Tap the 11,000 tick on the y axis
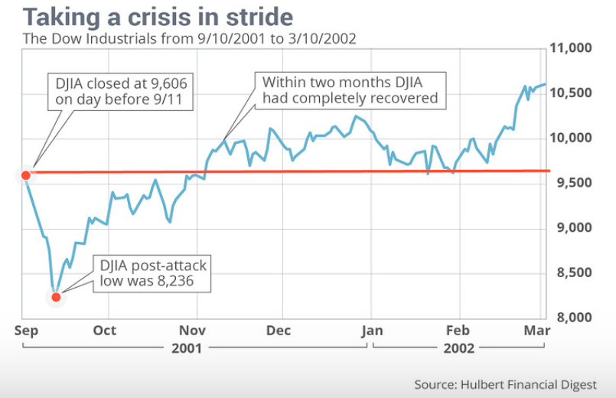tap(572, 48)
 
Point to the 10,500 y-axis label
tap(572, 93)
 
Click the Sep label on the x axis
tap(23, 331)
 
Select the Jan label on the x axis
tap(372, 331)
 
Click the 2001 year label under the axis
tap(187, 348)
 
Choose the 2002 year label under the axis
tap(459, 348)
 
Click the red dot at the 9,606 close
tap(25, 175)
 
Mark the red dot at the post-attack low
tap(55, 297)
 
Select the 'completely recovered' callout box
tap(350, 90)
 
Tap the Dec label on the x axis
tap(282, 331)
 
